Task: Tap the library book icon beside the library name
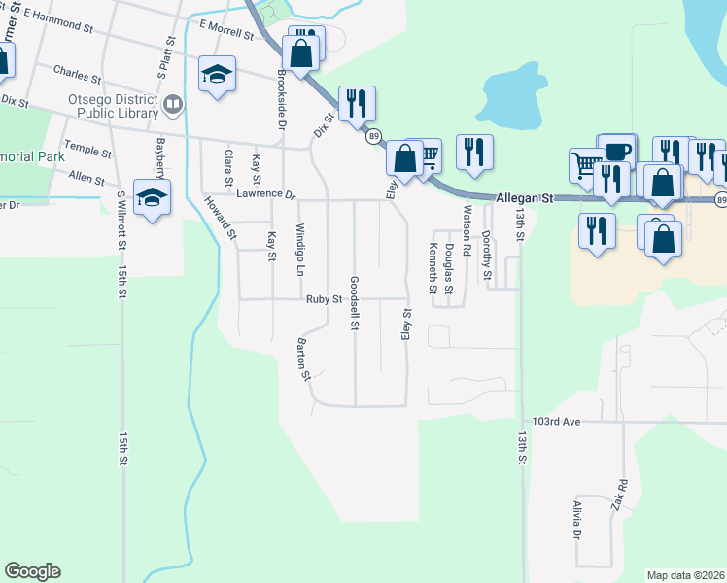tap(173, 102)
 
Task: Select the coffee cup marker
tap(617, 152)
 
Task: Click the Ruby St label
tap(325, 299)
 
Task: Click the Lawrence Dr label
tap(264, 194)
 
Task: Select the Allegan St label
tap(523, 198)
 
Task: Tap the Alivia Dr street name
tap(575, 521)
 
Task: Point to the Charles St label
tap(77, 74)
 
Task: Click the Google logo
tap(32, 571)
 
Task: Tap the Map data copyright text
tap(686, 575)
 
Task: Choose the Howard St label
tap(220, 218)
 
